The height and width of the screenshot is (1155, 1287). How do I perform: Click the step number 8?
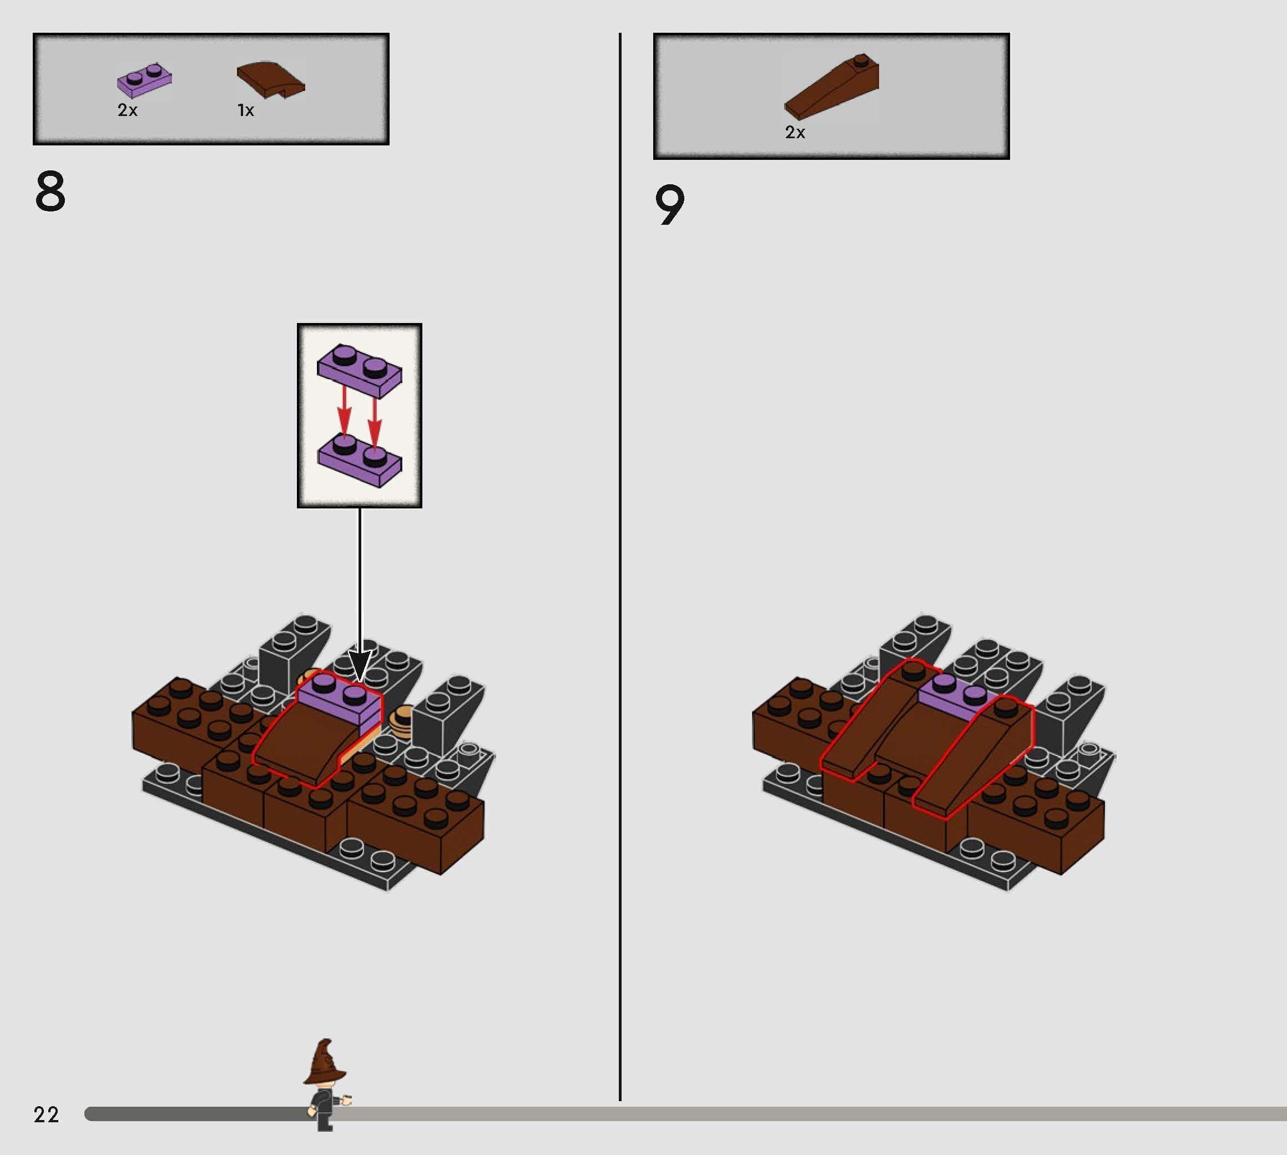click(50, 191)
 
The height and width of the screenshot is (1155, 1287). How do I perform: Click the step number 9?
click(669, 205)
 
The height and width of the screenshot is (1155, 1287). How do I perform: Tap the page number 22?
click(46, 1114)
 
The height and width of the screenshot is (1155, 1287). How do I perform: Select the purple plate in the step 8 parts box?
click(145, 80)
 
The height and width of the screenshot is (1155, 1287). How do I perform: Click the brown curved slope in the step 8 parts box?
click(271, 79)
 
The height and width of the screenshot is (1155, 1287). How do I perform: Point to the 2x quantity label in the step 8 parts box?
click(127, 110)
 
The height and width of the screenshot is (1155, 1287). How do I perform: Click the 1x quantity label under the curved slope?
click(246, 110)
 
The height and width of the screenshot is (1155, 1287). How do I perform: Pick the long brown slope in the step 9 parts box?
click(832, 87)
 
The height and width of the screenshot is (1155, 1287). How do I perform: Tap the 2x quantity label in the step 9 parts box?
click(795, 132)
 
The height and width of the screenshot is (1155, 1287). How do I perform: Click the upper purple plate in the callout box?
click(359, 371)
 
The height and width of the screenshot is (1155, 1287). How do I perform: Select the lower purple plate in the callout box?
click(359, 461)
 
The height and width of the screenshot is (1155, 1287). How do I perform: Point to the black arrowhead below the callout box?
click(360, 667)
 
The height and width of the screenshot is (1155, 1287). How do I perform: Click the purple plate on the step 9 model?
click(952, 696)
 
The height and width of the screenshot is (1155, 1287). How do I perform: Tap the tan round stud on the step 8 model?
click(401, 722)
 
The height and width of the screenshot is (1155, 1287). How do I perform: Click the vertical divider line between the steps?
click(620, 571)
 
